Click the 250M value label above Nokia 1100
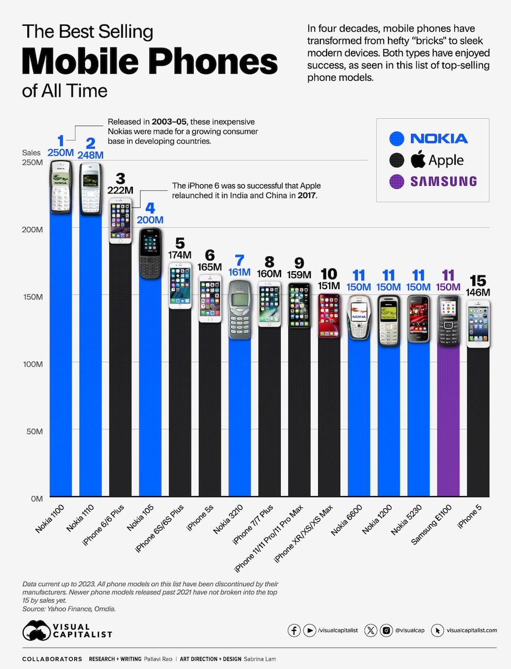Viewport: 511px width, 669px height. (60, 153)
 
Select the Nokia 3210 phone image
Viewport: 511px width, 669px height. (240, 309)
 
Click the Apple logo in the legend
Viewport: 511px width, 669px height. (418, 160)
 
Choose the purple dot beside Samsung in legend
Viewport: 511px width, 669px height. (397, 182)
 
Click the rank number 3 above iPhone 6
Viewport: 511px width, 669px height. (120, 178)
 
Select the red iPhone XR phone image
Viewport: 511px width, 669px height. (329, 315)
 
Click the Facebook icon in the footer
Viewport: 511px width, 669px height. (294, 630)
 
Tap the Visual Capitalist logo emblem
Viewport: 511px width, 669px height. (36, 631)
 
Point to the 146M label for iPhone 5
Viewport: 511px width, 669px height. (478, 293)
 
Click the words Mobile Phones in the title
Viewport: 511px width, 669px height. (150, 62)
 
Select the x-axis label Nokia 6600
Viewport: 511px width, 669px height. (347, 520)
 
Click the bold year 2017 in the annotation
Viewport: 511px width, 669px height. (307, 196)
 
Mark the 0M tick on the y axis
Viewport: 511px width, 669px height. (36, 499)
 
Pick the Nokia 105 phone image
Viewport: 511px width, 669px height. (150, 253)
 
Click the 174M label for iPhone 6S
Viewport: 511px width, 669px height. (180, 255)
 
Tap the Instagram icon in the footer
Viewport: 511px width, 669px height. (386, 630)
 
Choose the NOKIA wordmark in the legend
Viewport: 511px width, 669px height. (439, 138)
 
